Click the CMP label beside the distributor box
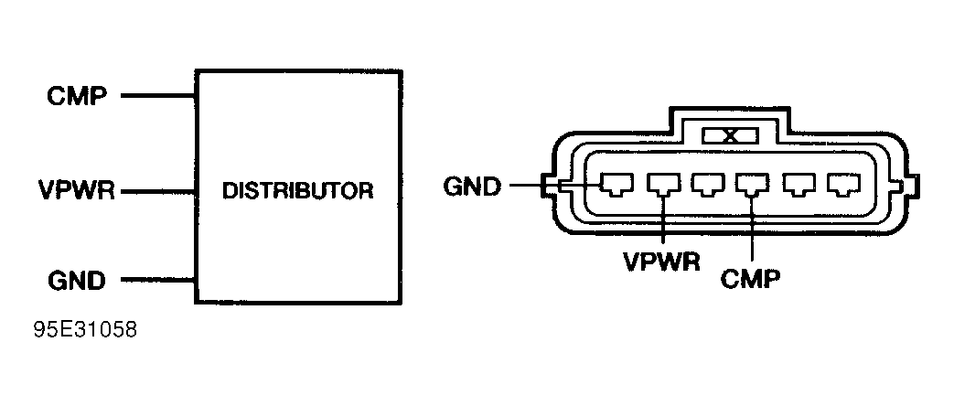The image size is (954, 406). [76, 95]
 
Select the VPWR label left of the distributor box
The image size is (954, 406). [76, 192]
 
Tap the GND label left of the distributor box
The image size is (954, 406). [76, 279]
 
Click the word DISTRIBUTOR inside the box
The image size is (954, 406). [299, 192]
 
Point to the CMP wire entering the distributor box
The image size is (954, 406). [158, 95]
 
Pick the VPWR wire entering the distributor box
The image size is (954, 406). [158, 192]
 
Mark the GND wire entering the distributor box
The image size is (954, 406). [158, 279]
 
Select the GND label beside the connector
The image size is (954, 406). [472, 187]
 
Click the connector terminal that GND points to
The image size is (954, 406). [613, 186]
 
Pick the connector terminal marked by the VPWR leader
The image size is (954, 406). [660, 186]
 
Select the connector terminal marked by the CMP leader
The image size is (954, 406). [750, 186]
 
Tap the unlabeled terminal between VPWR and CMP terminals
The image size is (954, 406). [705, 186]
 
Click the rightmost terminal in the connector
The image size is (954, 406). [839, 186]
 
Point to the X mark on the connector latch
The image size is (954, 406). [729, 136]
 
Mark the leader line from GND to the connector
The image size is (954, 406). [549, 187]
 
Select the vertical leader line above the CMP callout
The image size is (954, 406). [750, 229]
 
